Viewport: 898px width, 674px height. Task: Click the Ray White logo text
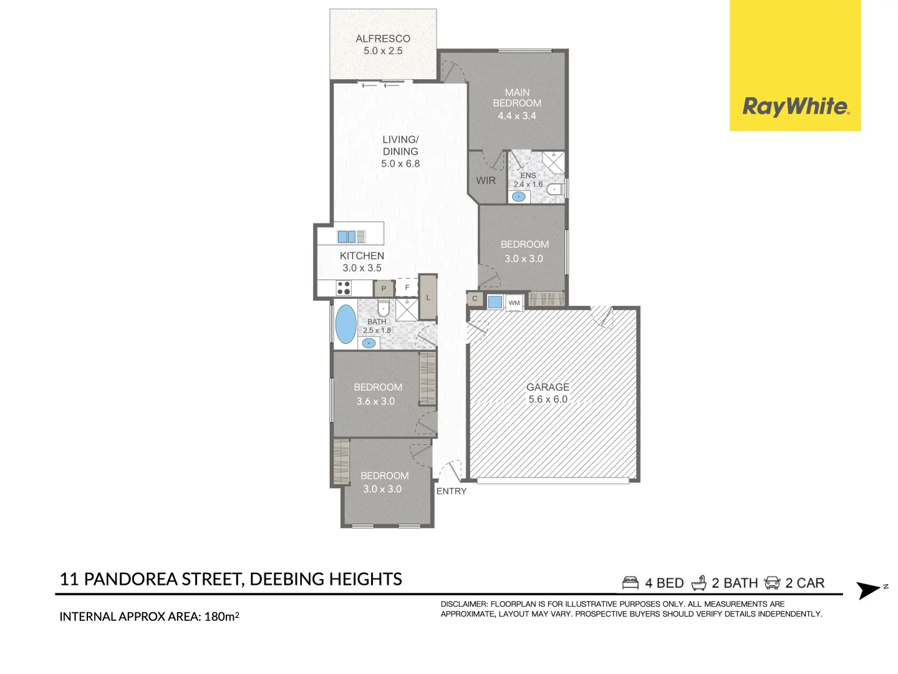(x=795, y=107)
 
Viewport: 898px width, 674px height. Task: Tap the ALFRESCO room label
(x=383, y=39)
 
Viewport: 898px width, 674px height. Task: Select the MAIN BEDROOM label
(x=517, y=98)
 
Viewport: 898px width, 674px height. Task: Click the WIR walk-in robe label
(x=486, y=181)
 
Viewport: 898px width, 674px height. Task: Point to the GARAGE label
(x=548, y=387)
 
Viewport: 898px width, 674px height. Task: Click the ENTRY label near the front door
(x=451, y=491)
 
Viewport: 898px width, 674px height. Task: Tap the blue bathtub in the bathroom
(x=345, y=324)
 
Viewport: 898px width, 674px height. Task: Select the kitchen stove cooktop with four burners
(x=344, y=288)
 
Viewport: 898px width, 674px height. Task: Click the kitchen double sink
(x=347, y=237)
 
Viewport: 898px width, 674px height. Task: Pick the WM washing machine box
(x=514, y=303)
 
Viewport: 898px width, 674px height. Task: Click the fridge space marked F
(x=407, y=287)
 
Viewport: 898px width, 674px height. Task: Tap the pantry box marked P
(x=384, y=289)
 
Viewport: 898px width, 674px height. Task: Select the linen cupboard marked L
(x=428, y=298)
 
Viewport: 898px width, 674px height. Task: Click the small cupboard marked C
(x=475, y=299)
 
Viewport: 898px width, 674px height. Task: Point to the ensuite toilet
(x=555, y=189)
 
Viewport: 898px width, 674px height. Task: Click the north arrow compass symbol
(x=869, y=590)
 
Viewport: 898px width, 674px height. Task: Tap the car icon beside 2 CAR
(x=772, y=583)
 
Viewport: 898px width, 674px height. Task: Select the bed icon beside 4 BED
(x=630, y=583)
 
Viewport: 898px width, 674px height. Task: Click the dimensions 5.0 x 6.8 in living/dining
(x=400, y=164)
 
